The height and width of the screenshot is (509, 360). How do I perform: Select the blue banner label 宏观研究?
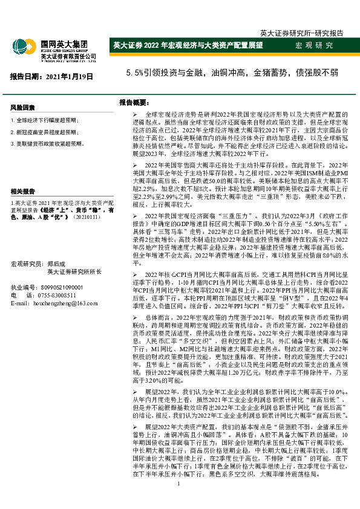pyautogui.click(x=314, y=46)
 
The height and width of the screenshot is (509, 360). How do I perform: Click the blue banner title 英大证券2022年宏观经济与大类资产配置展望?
pyautogui.click(x=188, y=46)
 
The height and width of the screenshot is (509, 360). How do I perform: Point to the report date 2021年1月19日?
pyautogui.click(x=52, y=76)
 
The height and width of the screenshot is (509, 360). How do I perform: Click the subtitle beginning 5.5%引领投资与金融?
pyautogui.click(x=232, y=74)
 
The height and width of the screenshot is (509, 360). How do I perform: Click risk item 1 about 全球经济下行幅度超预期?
pyautogui.click(x=45, y=121)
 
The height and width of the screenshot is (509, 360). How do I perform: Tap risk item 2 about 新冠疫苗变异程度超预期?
pyautogui.click(x=45, y=132)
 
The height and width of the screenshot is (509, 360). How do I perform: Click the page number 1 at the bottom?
pyautogui.click(x=179, y=501)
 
